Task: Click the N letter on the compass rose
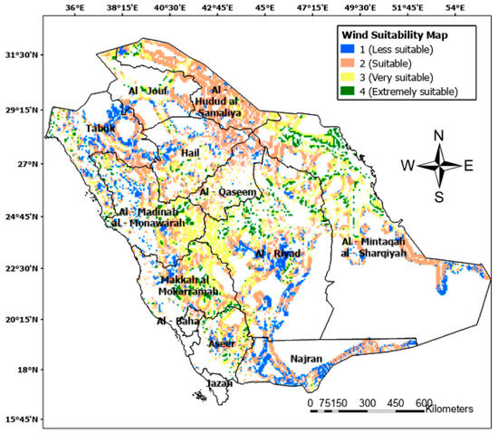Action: tap(439, 136)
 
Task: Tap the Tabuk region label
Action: tap(101, 129)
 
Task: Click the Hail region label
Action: tap(190, 154)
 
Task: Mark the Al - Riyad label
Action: tap(274, 254)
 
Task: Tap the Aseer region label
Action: tap(221, 344)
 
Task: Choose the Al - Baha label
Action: tap(174, 321)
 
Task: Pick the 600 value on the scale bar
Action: tap(423, 402)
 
